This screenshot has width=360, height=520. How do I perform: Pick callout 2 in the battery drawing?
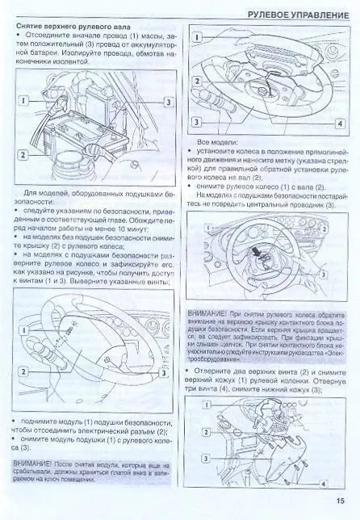pyautogui.click(x=23, y=153)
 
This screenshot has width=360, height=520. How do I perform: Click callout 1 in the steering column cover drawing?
pyautogui.click(x=208, y=401)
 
